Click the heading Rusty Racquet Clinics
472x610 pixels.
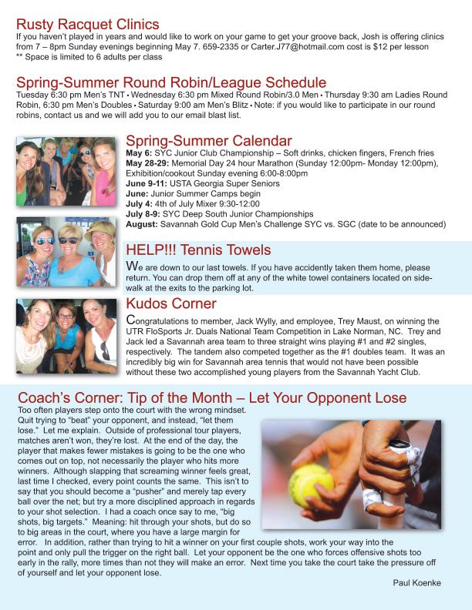pyautogui.click(x=87, y=25)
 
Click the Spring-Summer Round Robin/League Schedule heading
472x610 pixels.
pyautogui.click(x=171, y=82)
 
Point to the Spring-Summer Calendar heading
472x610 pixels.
pyautogui.click(x=208, y=141)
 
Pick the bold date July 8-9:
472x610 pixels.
pyautogui.click(x=143, y=214)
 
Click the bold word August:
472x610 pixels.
pyautogui.click(x=141, y=224)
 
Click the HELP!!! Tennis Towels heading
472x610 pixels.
pyautogui.click(x=198, y=250)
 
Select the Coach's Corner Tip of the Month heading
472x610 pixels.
pyautogui.click(x=211, y=398)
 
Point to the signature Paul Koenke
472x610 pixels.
pyautogui.click(x=416, y=583)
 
